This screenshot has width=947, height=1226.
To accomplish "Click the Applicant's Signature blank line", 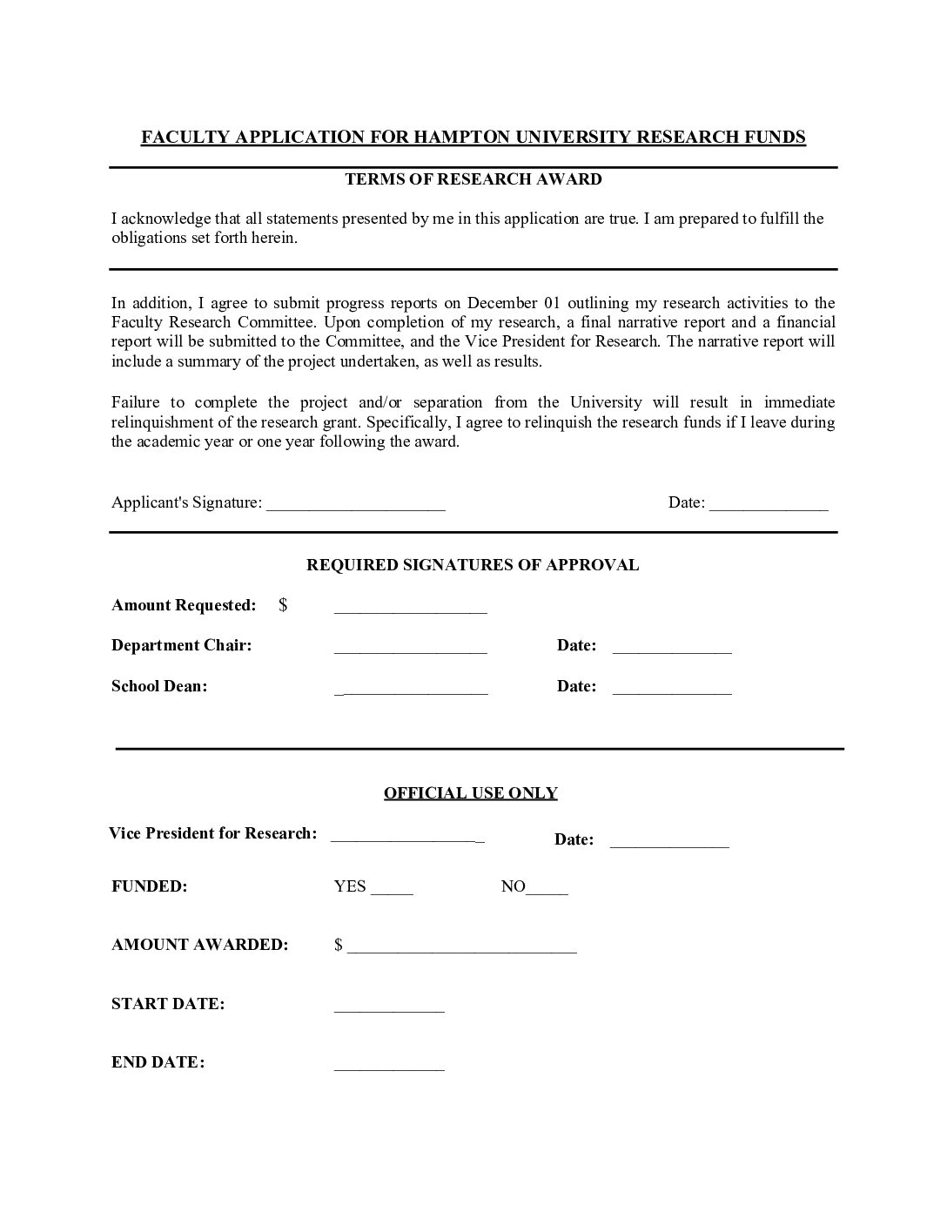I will pyautogui.click(x=356, y=506).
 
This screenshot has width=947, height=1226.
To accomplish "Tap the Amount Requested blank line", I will pyautogui.click(x=410, y=609).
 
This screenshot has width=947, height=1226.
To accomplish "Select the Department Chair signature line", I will pyautogui.click(x=410, y=650).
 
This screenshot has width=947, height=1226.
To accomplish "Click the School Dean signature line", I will pyautogui.click(x=411, y=690).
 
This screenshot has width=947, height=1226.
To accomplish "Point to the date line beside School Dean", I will pyautogui.click(x=672, y=690).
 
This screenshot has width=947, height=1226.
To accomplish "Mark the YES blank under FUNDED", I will pyautogui.click(x=392, y=891).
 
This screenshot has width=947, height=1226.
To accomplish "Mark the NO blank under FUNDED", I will pyautogui.click(x=547, y=891).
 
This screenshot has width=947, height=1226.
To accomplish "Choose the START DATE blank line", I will pyautogui.click(x=389, y=1008).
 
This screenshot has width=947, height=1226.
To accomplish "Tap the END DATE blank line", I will pyautogui.click(x=389, y=1067).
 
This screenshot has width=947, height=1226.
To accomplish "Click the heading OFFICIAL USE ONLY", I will pyautogui.click(x=471, y=793).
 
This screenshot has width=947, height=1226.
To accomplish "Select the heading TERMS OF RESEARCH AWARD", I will pyautogui.click(x=473, y=179).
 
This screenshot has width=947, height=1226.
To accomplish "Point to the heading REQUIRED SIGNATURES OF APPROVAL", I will pyautogui.click(x=473, y=565).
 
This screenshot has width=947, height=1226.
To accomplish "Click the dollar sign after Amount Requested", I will pyautogui.click(x=283, y=605).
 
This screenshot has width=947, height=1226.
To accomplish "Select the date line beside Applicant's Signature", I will pyautogui.click(x=769, y=506).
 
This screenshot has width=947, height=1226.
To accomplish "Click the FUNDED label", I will pyautogui.click(x=150, y=887).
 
